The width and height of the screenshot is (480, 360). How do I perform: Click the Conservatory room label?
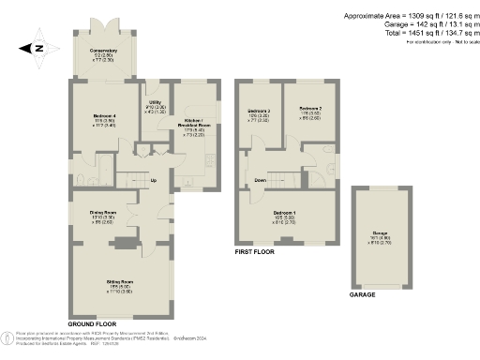(x=104, y=51)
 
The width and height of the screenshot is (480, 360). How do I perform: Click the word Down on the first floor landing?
(x=261, y=180)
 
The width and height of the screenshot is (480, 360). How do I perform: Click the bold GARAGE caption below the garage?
(x=362, y=294)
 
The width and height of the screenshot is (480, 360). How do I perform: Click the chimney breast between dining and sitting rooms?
(x=121, y=244)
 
